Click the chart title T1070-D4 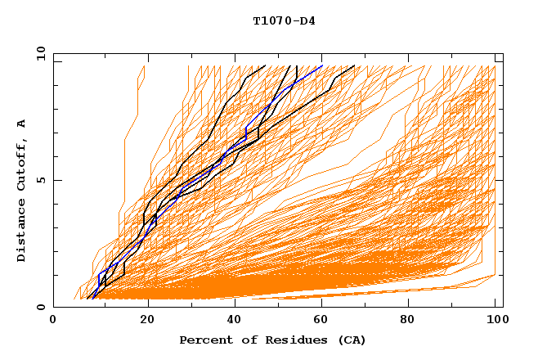click(284, 21)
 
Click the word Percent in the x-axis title click(204, 340)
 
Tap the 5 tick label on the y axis click(39, 180)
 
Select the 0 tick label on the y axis click(39, 307)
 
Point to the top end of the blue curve click(323, 65)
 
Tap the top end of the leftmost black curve click(265, 65)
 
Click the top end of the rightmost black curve click(355, 65)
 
